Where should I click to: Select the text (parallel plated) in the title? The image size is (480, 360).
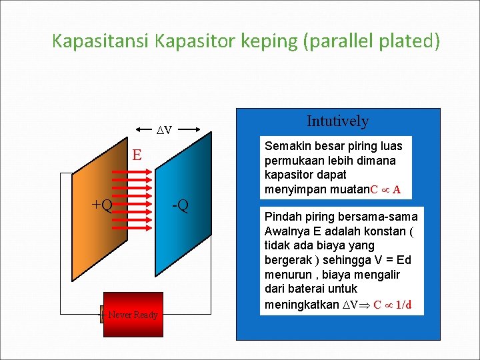371,41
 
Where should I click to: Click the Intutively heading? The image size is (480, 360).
337,121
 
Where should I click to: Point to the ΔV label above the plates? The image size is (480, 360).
163,129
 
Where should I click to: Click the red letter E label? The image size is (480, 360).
137,155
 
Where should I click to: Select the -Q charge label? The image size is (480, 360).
180,204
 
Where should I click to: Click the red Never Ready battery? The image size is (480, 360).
133,314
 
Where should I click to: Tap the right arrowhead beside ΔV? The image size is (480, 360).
197,129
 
